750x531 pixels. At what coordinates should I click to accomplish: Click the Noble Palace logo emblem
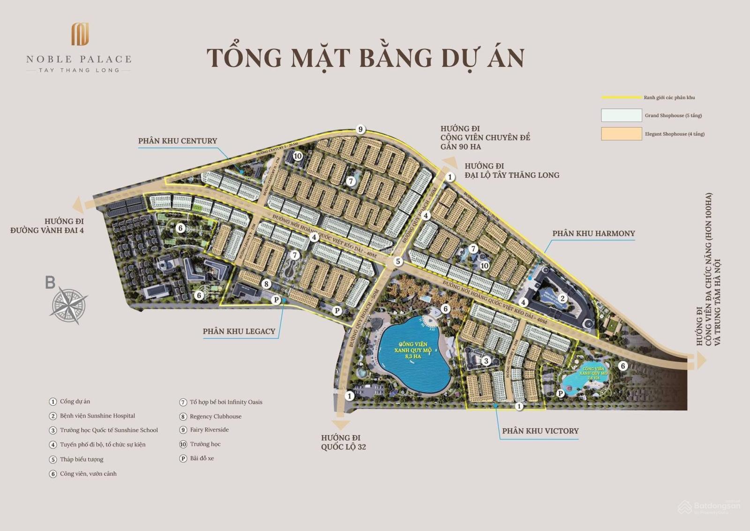[80, 35]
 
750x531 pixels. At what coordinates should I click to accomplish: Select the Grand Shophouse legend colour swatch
[621, 115]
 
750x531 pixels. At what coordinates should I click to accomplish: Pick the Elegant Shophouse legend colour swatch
[621, 134]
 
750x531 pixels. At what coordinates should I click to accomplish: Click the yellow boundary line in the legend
[621, 98]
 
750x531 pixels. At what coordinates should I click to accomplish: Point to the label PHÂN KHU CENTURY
[177, 141]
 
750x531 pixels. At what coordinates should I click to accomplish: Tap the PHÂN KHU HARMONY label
[593, 234]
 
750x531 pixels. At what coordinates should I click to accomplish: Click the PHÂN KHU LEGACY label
[239, 331]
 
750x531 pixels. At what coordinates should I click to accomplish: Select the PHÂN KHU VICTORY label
[540, 431]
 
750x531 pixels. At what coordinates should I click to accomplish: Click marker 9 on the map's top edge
[360, 129]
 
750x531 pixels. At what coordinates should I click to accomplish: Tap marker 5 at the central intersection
[398, 261]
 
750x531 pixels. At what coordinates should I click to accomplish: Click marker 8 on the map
[266, 284]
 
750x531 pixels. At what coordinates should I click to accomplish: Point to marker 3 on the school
[486, 361]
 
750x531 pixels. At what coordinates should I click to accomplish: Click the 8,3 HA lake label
[413, 357]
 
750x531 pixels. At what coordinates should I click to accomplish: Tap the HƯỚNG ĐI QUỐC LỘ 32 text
[343, 442]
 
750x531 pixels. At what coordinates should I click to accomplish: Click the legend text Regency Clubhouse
[216, 417]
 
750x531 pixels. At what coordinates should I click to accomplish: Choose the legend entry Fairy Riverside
[209, 430]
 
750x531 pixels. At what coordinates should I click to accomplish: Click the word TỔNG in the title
[244, 57]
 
